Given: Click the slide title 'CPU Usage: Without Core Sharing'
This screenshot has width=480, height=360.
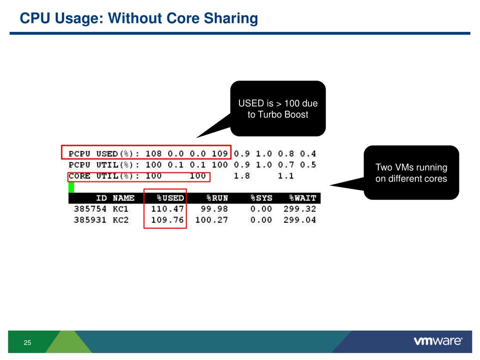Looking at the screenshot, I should tap(139, 19).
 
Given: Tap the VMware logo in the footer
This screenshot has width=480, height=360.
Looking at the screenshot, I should tap(438, 341).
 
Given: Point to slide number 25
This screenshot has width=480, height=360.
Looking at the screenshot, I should tap(27, 343).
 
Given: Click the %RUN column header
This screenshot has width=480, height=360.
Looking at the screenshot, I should tap(217, 198).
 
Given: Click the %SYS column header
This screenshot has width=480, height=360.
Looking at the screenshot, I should tap(261, 198).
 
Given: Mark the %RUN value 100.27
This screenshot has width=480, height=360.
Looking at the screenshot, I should tap(211, 220).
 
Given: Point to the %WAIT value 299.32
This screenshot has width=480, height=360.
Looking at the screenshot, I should tap(300, 209).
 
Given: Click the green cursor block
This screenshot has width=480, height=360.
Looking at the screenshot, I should tap(71, 187).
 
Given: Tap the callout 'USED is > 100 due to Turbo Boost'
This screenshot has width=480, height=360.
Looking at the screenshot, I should tap(278, 109).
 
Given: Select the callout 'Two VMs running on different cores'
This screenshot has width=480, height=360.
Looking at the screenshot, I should tap(411, 172).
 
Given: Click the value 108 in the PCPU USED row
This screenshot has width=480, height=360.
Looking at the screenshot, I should tap(153, 153).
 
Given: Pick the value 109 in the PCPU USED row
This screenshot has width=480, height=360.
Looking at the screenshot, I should tap(219, 153).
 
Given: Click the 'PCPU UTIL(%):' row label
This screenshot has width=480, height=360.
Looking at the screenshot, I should tap(104, 165).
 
